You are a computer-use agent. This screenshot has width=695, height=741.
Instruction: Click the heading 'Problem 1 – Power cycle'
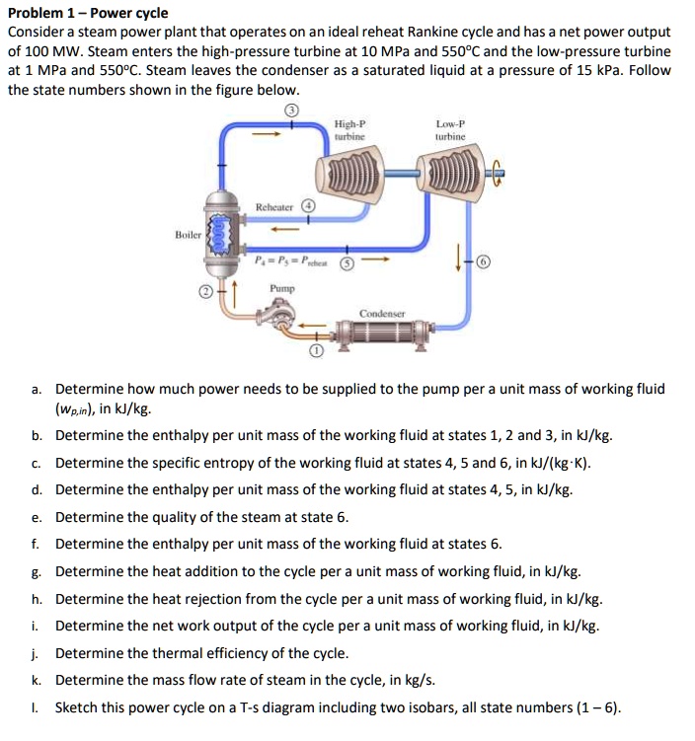coord(88,14)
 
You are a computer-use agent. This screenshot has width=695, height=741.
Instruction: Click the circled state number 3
coord(291,110)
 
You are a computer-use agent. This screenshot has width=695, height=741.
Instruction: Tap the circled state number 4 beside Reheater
coord(308,207)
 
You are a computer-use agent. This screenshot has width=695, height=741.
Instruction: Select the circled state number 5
coord(346,264)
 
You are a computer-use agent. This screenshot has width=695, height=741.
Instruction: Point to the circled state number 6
coord(483,262)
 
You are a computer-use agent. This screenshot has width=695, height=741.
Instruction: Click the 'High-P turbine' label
coord(349,130)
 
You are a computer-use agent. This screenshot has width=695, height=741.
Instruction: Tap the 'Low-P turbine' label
coord(449,130)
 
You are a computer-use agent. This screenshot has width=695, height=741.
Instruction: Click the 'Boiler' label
coord(189,236)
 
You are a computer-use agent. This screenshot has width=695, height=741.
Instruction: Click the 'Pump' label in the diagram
coord(280,288)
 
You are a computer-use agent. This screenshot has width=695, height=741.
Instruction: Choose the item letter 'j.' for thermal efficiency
coord(36,652)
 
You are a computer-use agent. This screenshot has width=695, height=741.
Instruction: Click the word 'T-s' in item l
coord(280,707)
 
